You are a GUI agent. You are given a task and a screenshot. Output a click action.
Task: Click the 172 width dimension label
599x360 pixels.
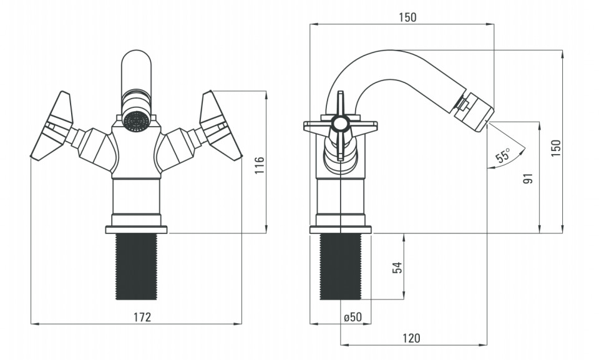point(142,317)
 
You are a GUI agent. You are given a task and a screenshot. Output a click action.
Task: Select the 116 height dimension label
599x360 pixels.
point(260,165)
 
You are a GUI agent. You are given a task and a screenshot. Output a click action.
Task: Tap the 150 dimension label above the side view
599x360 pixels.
point(407,17)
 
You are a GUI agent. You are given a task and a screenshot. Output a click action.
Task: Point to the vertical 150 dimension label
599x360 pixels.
point(556,147)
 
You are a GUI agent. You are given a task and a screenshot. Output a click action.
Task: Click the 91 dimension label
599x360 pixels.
point(528,178)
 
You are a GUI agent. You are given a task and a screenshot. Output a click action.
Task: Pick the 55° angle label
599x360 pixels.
point(503,155)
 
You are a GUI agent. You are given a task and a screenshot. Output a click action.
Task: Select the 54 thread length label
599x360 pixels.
point(397,268)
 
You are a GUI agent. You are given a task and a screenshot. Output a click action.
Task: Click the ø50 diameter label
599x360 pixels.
point(352,317)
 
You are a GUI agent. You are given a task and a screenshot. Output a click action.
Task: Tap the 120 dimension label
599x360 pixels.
point(411,338)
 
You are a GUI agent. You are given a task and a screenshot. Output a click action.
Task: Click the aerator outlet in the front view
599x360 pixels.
point(137,121)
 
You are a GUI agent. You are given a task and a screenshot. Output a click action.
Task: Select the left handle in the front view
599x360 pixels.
point(52,126)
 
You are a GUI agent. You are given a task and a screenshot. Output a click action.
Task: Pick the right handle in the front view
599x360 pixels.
point(221,126)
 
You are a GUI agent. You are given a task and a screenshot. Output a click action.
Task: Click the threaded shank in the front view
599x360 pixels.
point(136,266)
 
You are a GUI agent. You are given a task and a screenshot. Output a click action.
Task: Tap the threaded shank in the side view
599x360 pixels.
point(341,266)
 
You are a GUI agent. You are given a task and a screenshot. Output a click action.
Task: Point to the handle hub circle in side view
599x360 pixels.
point(340,124)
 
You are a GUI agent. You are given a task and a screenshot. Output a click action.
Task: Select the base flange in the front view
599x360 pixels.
point(137,230)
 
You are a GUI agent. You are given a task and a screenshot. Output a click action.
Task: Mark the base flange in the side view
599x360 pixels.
point(341,230)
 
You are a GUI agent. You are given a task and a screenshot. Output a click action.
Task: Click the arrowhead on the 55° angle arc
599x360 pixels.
point(522,150)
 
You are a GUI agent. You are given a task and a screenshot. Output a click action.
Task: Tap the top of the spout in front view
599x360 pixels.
point(136,52)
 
